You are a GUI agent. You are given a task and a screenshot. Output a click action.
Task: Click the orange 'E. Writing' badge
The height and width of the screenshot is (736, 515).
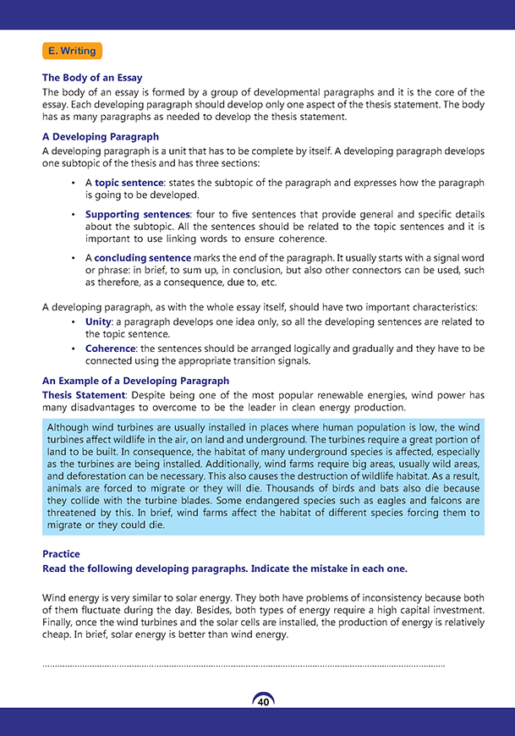72,51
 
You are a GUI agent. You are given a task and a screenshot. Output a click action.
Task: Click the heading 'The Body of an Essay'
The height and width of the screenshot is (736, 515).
92,78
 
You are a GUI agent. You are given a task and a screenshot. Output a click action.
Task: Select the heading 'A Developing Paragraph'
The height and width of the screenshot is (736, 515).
100,136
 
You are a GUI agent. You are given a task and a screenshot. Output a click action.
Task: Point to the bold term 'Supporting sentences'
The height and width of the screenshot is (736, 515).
137,215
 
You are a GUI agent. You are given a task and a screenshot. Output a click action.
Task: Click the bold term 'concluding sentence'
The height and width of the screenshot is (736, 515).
142,257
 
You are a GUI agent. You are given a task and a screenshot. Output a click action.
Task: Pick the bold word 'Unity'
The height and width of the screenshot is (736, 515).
99,321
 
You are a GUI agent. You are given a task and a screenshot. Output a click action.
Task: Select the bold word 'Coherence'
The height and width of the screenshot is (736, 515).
110,349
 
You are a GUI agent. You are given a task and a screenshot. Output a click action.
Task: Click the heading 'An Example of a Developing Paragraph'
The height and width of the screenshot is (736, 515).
135,381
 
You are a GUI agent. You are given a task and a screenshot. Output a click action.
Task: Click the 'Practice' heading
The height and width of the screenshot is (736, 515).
61,554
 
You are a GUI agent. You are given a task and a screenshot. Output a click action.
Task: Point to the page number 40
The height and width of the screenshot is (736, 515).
264,702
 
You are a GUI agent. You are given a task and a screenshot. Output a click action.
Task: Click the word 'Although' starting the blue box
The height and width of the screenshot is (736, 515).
68,426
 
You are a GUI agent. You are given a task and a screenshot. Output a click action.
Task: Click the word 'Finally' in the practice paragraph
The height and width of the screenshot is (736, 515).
59,623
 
